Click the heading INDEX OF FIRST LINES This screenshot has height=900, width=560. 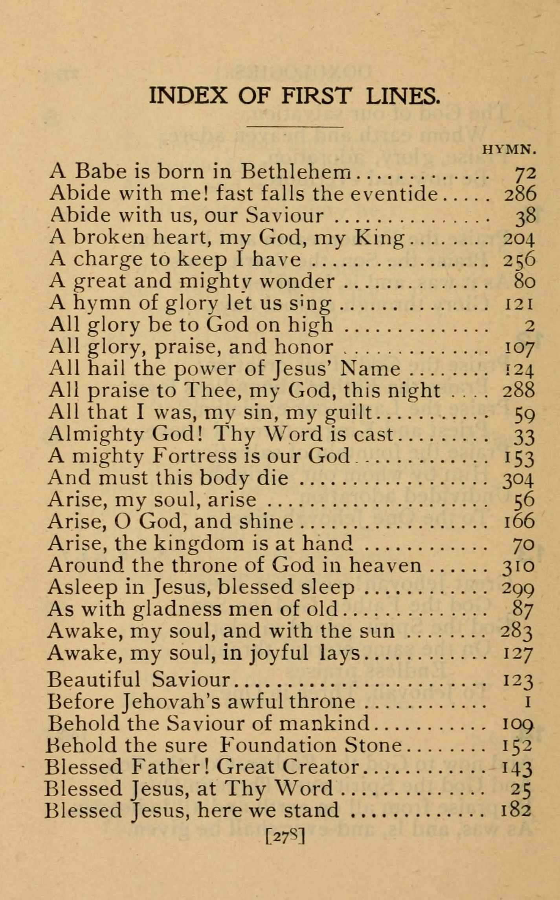(x=295, y=96)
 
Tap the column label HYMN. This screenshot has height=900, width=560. (x=510, y=150)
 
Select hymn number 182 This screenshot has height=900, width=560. (x=516, y=810)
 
